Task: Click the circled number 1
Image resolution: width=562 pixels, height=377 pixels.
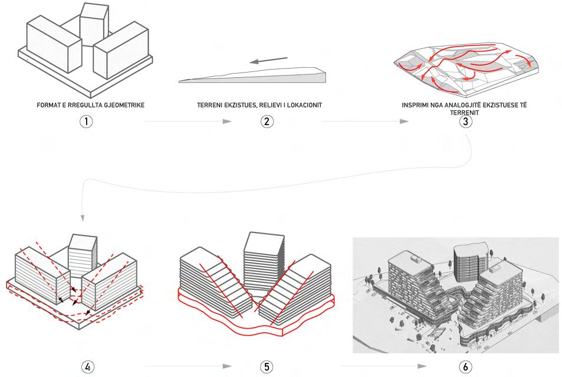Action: point(87,122)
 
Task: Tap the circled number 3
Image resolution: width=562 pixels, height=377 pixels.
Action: point(466,122)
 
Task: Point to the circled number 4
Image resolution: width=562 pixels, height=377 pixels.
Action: point(87,366)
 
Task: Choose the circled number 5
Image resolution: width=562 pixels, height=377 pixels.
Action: point(265,366)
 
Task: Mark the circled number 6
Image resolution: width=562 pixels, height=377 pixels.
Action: point(466,366)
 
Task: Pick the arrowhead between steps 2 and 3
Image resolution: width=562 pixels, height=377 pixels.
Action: point(404,122)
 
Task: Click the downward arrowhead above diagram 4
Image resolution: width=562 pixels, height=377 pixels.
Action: point(83,218)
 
